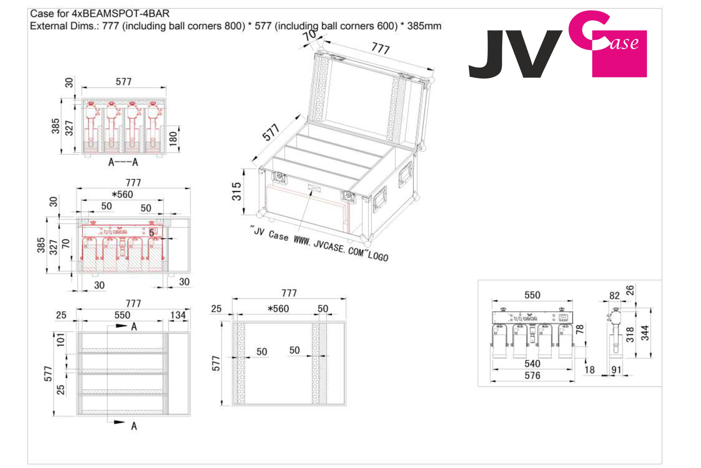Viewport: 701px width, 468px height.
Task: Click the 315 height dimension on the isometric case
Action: pos(237,191)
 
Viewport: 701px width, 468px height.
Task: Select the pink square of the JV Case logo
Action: pos(620,54)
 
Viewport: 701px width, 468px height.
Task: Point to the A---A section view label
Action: pos(123,162)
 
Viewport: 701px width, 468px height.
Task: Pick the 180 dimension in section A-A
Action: pos(173,139)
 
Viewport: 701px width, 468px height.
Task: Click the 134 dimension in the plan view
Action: pos(178,315)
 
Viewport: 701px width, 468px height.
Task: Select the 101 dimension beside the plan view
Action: pos(60,340)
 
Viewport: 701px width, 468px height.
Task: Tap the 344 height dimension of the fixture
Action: pos(645,333)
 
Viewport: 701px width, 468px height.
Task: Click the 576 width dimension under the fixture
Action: pos(532,376)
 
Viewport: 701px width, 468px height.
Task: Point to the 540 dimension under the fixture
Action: pos(532,363)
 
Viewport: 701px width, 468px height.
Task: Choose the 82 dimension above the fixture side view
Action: pos(614,296)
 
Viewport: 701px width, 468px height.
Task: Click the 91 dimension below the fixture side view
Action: pos(616,370)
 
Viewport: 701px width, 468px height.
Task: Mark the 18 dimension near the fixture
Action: pos(590,370)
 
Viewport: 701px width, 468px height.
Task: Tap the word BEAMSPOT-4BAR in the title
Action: pos(120,14)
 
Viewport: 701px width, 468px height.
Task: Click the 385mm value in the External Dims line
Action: pos(425,26)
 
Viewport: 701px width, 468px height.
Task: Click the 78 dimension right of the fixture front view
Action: pos(580,329)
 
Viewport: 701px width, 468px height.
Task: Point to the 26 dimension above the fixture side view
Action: pos(630,290)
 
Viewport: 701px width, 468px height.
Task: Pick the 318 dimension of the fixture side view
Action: pos(630,334)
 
